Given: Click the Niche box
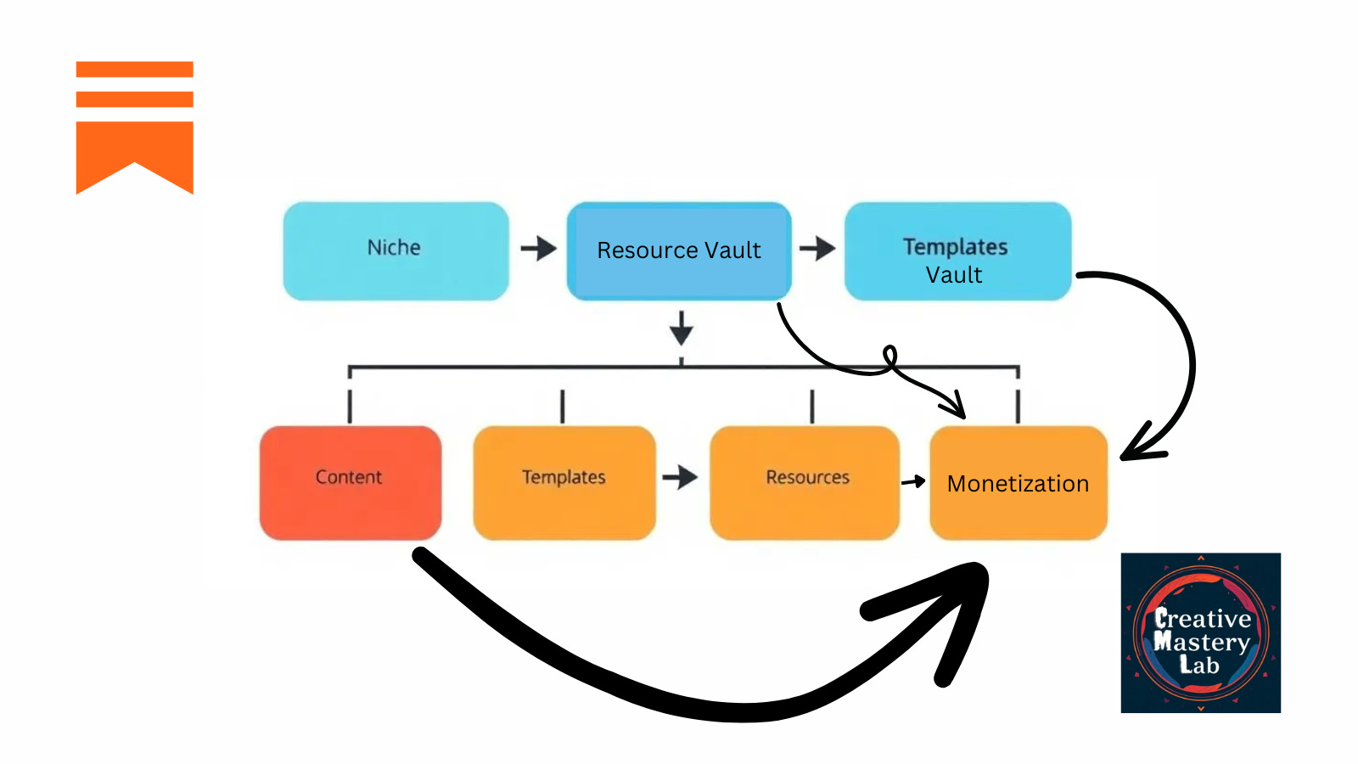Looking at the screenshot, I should tap(396, 250).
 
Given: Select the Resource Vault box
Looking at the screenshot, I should tap(679, 250).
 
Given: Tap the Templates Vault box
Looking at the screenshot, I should tap(957, 250).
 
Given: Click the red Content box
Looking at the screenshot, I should tap(350, 482).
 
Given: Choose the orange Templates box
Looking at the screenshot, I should tap(564, 482).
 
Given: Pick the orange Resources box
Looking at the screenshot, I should tap(805, 482).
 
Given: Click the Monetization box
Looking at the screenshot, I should tap(1018, 482).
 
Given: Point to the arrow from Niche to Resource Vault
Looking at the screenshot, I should tap(538, 249).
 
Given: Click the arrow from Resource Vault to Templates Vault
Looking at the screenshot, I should tap(817, 249).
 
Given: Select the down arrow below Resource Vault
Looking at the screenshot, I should tap(681, 328).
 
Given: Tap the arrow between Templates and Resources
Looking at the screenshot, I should tap(680, 477).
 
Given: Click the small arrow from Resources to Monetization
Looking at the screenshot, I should tap(914, 481).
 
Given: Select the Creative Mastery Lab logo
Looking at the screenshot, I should tap(1200, 632).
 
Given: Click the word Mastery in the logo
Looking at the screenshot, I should tap(1202, 642).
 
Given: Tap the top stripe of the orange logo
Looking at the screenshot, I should tap(135, 69).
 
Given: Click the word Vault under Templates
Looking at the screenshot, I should tap(954, 275).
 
